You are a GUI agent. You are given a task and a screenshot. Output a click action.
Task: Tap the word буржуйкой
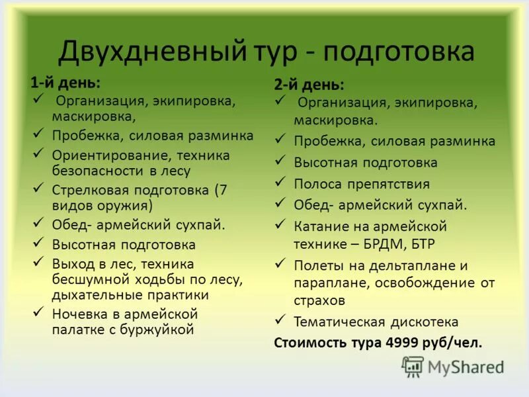pyautogui.click(x=161, y=329)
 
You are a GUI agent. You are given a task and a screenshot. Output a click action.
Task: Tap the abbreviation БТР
pyautogui.click(x=421, y=243)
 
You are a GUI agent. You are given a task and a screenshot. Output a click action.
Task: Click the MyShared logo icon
pyautogui.click(x=413, y=366)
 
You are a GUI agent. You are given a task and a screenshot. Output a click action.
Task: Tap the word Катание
pyautogui.click(x=321, y=226)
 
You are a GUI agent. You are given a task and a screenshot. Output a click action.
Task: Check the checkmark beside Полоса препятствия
pyautogui.click(x=280, y=182)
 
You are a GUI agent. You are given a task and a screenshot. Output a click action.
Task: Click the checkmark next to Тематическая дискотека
pyautogui.click(x=280, y=321)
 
